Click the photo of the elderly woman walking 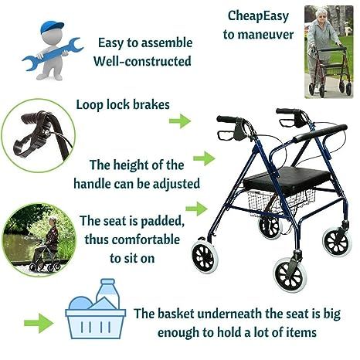coord(328,50)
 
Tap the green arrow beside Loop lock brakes coord(179,121)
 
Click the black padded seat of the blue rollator coord(275,181)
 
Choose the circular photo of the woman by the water coord(39,237)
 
